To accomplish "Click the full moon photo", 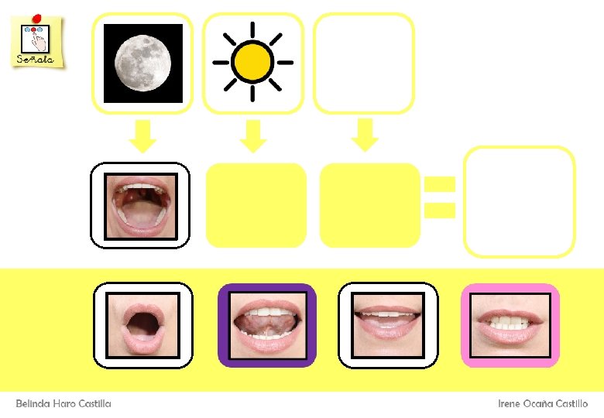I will pyautogui.click(x=142, y=63).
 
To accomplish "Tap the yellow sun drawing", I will pyautogui.click(x=252, y=62).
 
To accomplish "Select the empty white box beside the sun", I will pyautogui.click(x=363, y=63).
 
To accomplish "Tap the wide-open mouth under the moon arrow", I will pyautogui.click(x=141, y=205).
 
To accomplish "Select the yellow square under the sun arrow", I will pyautogui.click(x=256, y=205).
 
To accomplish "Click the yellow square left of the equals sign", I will pyautogui.click(x=369, y=205).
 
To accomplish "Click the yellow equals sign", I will pyautogui.click(x=439, y=197).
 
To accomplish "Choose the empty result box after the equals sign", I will pyautogui.click(x=519, y=201).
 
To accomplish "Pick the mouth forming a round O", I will pyautogui.click(x=142, y=324).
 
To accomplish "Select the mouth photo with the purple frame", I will pyautogui.click(x=267, y=325).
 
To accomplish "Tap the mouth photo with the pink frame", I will pyautogui.click(x=510, y=325).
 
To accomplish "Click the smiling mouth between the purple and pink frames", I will pyautogui.click(x=388, y=325).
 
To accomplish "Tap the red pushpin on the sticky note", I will pyautogui.click(x=36, y=17).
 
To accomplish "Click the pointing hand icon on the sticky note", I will pyautogui.click(x=36, y=37).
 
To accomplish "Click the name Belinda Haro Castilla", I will pyautogui.click(x=63, y=403).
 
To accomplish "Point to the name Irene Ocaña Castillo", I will pyautogui.click(x=542, y=403).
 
